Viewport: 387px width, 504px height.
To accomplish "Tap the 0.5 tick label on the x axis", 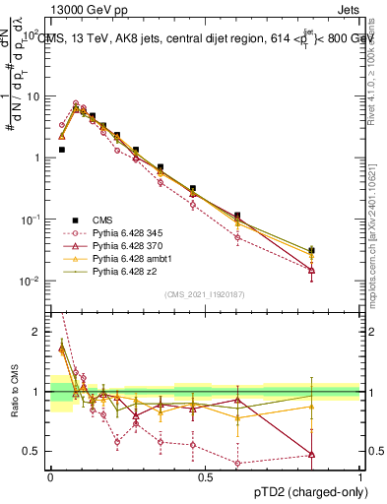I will coord(205,475).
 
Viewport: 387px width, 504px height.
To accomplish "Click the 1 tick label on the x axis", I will coord(360,475).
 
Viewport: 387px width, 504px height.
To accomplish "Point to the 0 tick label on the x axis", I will coord(50,475).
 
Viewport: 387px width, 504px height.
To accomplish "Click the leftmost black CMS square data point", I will coord(61,150).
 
